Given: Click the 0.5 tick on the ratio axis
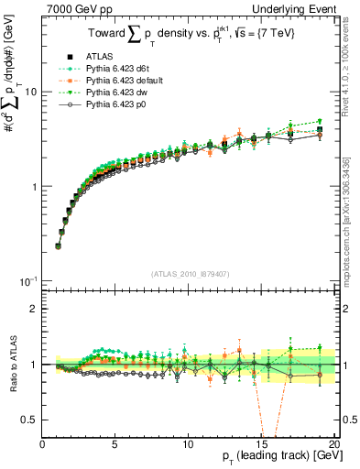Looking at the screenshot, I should pos(30,420).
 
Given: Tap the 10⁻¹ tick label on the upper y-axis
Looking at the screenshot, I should pos(28,279).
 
